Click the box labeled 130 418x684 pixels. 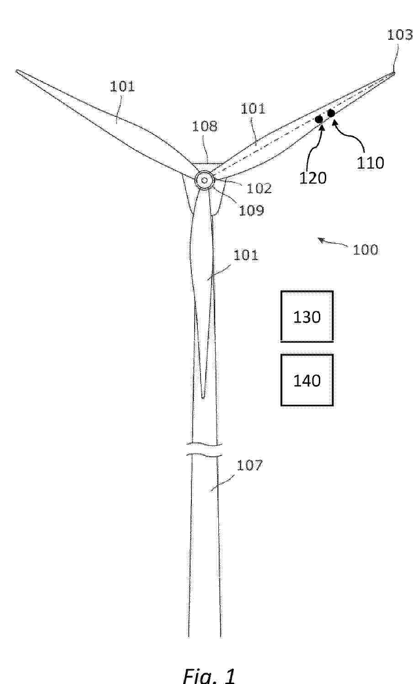[x=307, y=316]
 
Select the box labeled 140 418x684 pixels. [x=307, y=380]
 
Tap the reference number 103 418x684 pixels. [x=400, y=35]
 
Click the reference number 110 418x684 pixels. [x=370, y=162]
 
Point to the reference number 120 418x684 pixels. [x=312, y=178]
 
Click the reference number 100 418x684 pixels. [x=365, y=250]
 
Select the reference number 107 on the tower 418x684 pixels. [x=249, y=465]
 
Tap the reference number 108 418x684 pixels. [x=205, y=126]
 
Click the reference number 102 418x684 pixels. [x=259, y=188]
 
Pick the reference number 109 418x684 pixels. [x=251, y=211]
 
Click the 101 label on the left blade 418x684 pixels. [x=122, y=86]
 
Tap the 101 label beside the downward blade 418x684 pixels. [x=246, y=255]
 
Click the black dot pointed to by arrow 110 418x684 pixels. [x=331, y=113]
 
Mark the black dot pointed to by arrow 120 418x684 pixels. [x=319, y=119]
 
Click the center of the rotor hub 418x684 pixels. [x=205, y=180]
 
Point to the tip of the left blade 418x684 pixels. [x=16, y=71]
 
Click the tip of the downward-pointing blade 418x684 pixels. [x=203, y=397]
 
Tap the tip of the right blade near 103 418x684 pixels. [x=394, y=73]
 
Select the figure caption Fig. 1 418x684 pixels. [x=209, y=675]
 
